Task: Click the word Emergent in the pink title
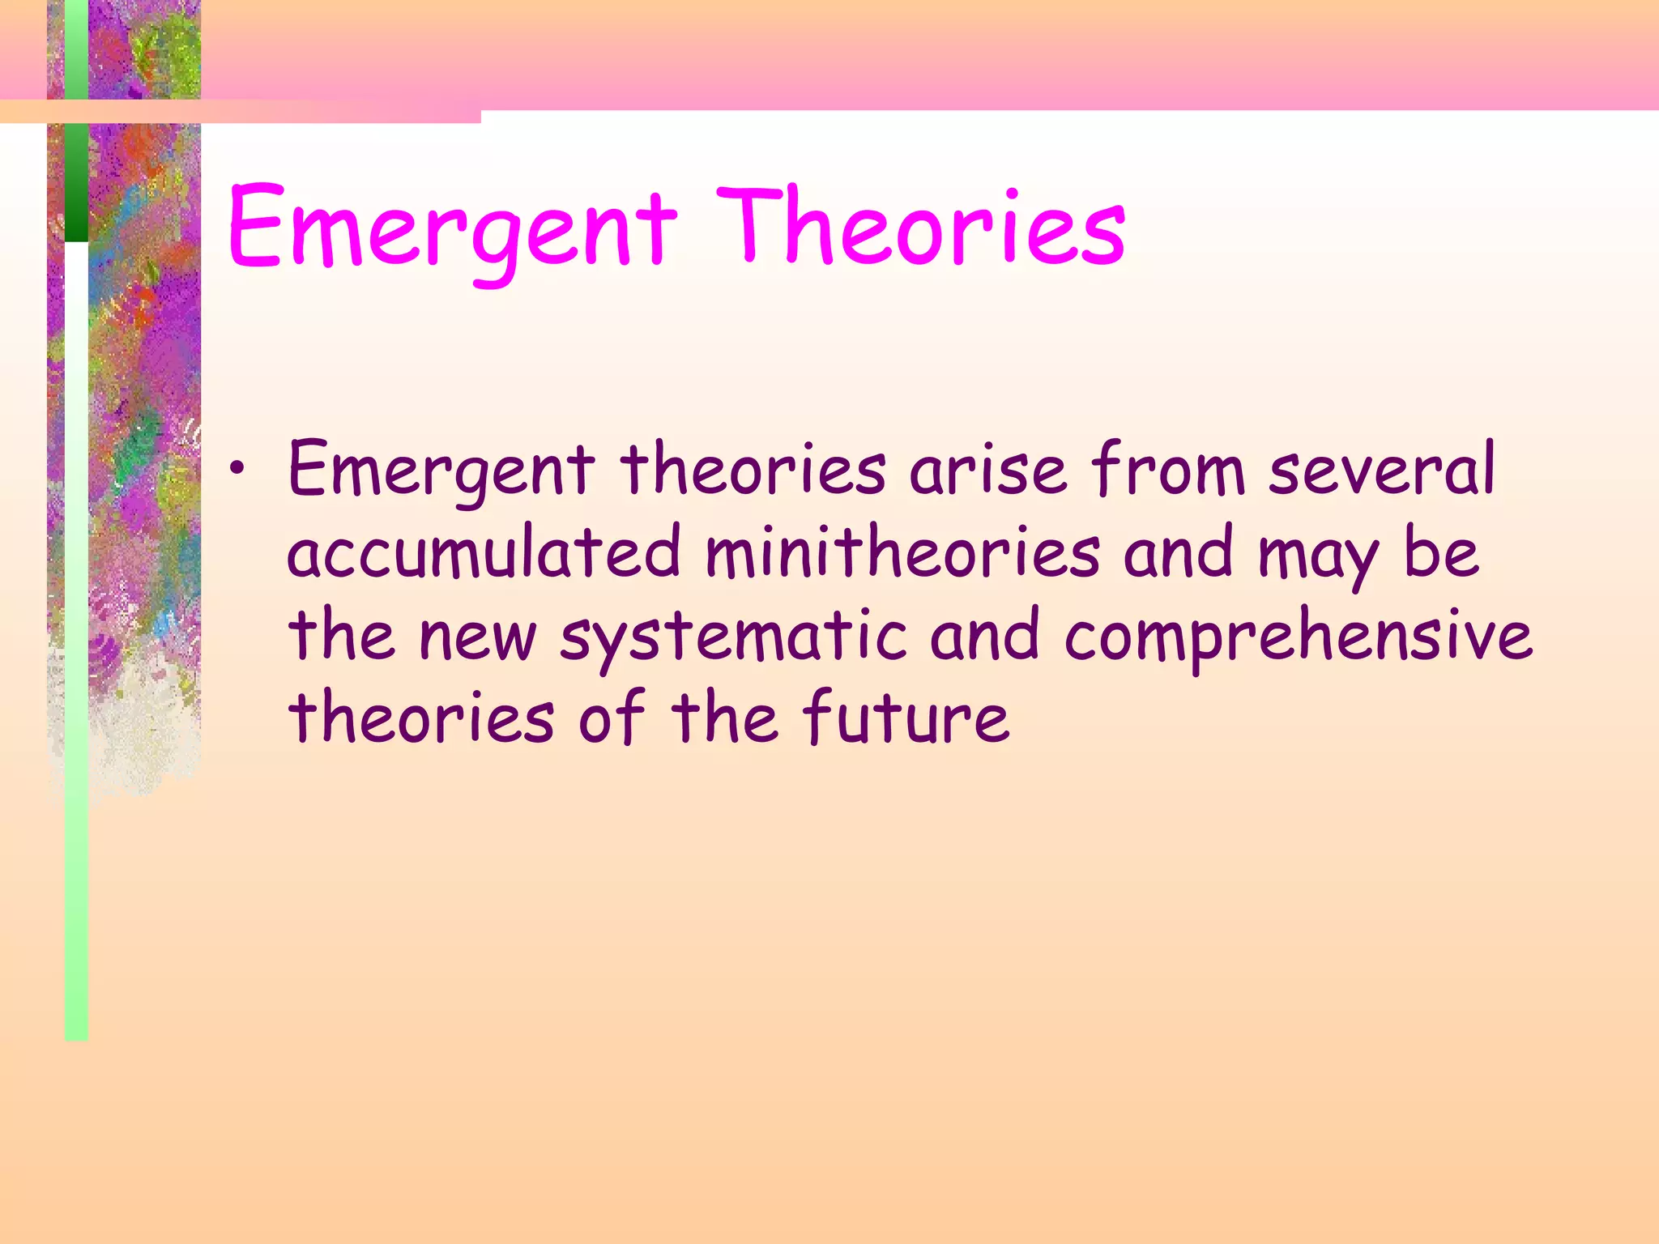pyautogui.click(x=450, y=228)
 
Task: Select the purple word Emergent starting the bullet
pyautogui.click(x=441, y=471)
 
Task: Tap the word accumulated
pyautogui.click(x=484, y=553)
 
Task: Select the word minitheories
pyautogui.click(x=902, y=553)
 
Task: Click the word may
pyautogui.click(x=1317, y=559)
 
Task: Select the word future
pyautogui.click(x=906, y=718)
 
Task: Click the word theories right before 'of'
pyautogui.click(x=421, y=718)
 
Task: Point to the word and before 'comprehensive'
pyautogui.click(x=984, y=637)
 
